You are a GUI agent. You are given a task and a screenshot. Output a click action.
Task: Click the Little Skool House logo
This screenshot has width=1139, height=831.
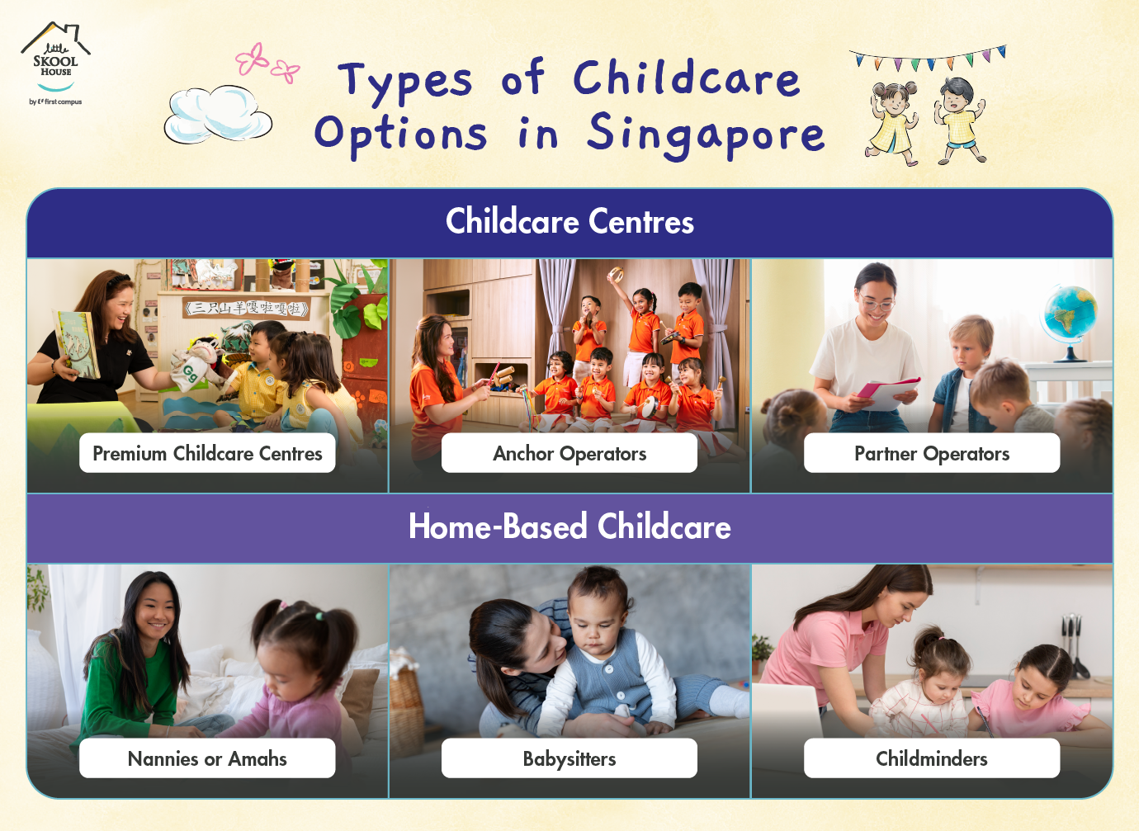[55, 64]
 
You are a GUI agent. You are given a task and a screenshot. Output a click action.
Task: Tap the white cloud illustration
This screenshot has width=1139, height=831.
[218, 115]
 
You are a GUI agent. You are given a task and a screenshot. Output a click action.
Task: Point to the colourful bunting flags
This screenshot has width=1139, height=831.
[928, 59]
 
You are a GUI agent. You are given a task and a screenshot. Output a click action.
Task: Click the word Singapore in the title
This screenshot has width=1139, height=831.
[706, 135]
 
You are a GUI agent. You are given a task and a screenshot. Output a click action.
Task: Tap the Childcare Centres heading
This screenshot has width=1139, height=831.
[569, 222]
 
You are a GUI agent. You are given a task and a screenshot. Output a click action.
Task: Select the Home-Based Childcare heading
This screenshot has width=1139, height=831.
[569, 526]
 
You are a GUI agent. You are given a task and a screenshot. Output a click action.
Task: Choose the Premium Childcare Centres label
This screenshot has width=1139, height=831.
[207, 453]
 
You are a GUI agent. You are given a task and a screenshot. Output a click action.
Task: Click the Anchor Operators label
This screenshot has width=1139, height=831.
[569, 453]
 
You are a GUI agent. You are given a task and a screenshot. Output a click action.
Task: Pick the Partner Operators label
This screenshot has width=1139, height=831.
[932, 453]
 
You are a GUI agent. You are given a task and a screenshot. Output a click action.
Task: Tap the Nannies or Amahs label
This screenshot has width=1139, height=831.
[207, 758]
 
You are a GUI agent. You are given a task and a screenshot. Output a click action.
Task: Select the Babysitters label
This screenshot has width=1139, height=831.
[569, 758]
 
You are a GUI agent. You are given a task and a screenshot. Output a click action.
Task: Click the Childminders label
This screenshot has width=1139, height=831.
[932, 758]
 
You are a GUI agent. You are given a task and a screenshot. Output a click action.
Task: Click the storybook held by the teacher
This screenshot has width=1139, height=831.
[76, 345]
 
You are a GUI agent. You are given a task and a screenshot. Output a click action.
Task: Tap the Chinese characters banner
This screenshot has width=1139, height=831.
[246, 308]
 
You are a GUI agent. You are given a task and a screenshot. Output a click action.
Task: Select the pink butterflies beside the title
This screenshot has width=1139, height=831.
[267, 64]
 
